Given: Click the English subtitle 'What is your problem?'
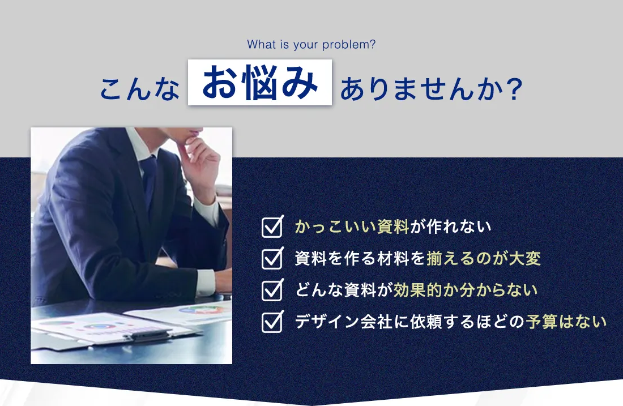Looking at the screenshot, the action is pyautogui.click(x=311, y=45).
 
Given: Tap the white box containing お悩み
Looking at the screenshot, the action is pyautogui.click(x=260, y=82).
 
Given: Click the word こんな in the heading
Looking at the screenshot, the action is pyautogui.click(x=139, y=88).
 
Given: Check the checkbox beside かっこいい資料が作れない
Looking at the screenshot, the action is pyautogui.click(x=272, y=227).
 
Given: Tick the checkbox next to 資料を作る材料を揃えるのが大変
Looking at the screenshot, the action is pyautogui.click(x=272, y=258).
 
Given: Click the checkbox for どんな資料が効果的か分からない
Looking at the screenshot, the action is pyautogui.click(x=272, y=289).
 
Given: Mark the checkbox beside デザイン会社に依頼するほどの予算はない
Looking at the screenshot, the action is pyautogui.click(x=272, y=322).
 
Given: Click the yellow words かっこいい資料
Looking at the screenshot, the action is pyautogui.click(x=352, y=226).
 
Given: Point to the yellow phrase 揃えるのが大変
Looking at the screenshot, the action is pyautogui.click(x=484, y=259).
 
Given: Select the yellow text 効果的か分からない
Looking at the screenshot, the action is pyautogui.click(x=465, y=290).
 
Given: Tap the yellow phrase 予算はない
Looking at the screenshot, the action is pyautogui.click(x=566, y=322).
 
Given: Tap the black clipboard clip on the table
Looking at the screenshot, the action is pyautogui.click(x=148, y=336).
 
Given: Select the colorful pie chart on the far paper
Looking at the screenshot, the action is pyautogui.click(x=200, y=310).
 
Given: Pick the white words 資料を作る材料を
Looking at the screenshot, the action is pyautogui.click(x=360, y=259).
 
